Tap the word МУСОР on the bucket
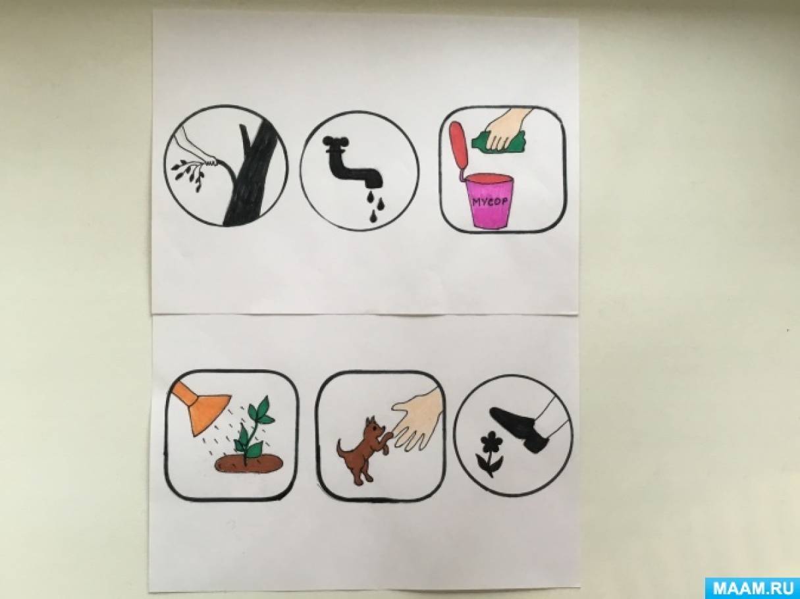490,201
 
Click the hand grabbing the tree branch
197,145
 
